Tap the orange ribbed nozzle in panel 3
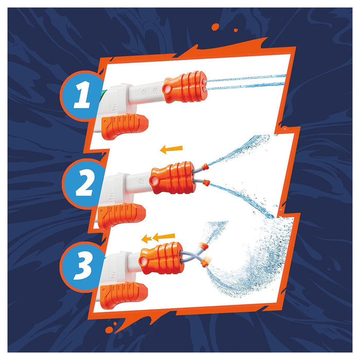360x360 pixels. [160, 257]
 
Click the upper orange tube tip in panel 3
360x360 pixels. [204, 246]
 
